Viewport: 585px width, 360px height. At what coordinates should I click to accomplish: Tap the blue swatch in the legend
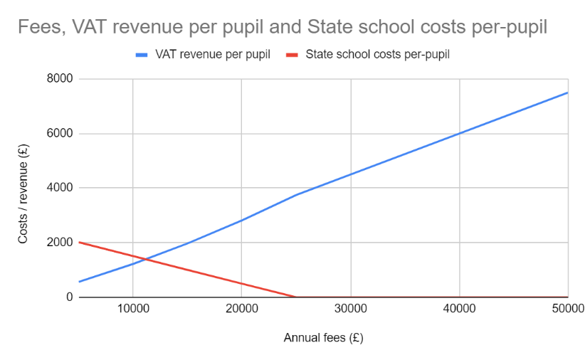[141, 54]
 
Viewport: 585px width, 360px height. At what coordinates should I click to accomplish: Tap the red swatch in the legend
[291, 54]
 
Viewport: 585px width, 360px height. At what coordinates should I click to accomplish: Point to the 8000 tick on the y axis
[60, 79]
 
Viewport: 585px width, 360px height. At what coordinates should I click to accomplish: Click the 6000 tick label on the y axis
[60, 134]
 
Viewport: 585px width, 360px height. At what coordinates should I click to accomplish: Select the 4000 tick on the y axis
[60, 188]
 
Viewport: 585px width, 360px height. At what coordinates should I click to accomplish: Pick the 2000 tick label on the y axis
[60, 243]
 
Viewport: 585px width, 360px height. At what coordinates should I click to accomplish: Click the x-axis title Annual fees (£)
[323, 338]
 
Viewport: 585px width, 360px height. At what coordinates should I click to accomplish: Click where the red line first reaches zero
[296, 297]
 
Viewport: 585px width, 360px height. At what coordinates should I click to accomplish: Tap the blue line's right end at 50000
[568, 92]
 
